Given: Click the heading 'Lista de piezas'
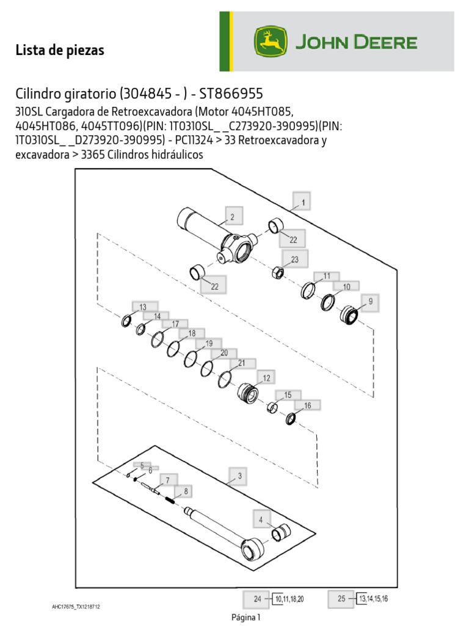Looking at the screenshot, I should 60,51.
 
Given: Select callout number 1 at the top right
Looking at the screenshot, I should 302,201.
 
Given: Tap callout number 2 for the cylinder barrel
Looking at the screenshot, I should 232,216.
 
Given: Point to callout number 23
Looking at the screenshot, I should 294,259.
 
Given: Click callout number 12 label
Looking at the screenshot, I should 266,378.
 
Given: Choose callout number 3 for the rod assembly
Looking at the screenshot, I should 239,476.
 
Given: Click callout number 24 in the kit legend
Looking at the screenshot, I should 257,600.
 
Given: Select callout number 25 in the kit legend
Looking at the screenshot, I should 341,600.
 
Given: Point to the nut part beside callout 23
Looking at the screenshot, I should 277,272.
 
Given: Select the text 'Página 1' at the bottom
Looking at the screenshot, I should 246,617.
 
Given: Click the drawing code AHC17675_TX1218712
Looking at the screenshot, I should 76,607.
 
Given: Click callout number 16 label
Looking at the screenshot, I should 307,405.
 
